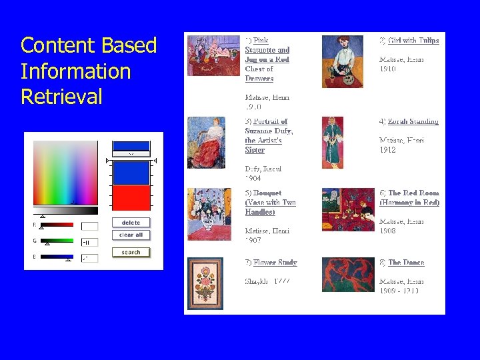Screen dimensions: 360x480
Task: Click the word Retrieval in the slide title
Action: (x=61, y=97)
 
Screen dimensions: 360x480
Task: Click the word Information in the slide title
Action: (x=75, y=71)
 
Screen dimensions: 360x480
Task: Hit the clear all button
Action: (x=131, y=235)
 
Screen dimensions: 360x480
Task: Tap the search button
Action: (x=131, y=252)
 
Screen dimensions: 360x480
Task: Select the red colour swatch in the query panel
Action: (x=131, y=198)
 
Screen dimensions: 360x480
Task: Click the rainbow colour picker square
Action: (x=65, y=172)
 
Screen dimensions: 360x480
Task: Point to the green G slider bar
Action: (x=57, y=241)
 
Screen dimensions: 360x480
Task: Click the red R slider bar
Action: (x=57, y=225)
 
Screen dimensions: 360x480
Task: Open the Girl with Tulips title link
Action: (x=413, y=41)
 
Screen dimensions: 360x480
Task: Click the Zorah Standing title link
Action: (x=413, y=122)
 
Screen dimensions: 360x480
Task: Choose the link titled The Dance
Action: (x=406, y=263)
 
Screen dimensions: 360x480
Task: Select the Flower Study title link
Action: (x=275, y=263)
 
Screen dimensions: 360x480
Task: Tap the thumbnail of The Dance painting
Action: (x=348, y=275)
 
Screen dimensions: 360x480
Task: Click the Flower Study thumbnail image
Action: (x=205, y=283)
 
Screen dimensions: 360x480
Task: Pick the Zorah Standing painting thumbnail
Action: (x=333, y=143)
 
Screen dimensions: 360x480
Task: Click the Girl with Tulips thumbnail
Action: (x=342, y=61)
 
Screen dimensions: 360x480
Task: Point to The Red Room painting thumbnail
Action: (x=348, y=209)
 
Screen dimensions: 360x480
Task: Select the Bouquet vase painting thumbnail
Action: (x=209, y=214)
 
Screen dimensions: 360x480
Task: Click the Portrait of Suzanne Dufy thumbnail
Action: (x=207, y=143)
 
